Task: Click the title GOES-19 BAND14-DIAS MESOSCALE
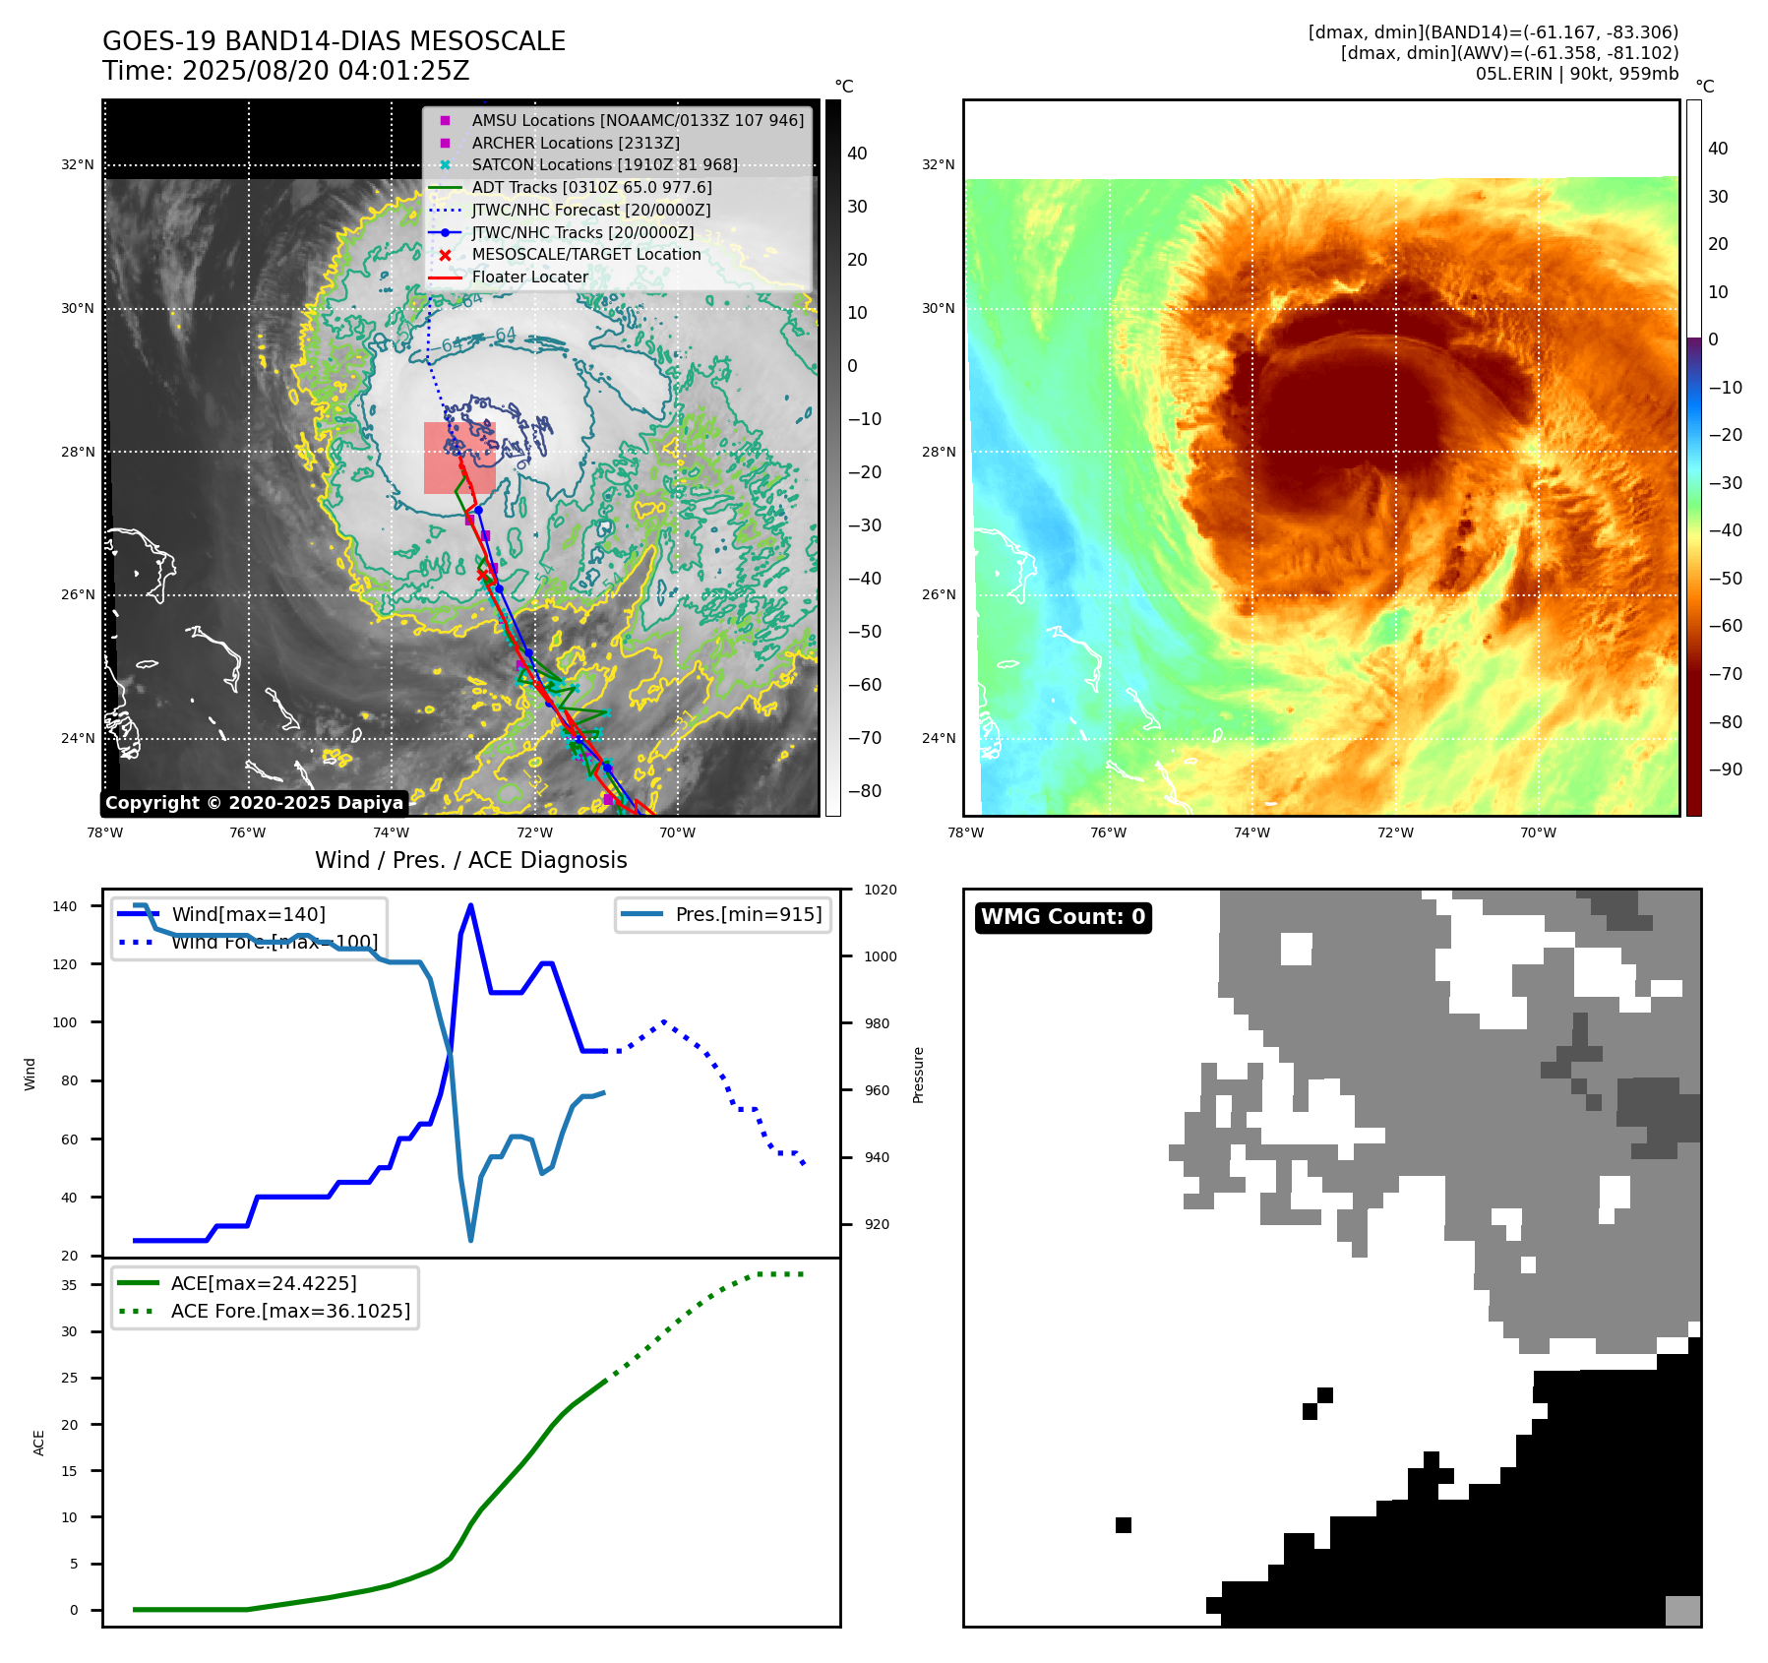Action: (334, 41)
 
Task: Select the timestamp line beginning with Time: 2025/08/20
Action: (285, 71)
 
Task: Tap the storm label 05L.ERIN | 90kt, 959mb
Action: (1576, 74)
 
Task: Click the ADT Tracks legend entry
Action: (590, 187)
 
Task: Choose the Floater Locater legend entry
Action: (529, 277)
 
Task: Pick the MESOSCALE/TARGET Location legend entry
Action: (585, 254)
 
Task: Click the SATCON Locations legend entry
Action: (604, 164)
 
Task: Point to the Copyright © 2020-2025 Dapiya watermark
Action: (254, 803)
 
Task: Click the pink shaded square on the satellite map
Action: (458, 458)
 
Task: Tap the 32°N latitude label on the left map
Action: (78, 164)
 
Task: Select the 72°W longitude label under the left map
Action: (534, 832)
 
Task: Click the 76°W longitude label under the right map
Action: (1108, 832)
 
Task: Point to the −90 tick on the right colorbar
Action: (1725, 770)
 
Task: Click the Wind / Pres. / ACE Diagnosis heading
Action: (470, 860)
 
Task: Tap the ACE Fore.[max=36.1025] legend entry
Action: (289, 1311)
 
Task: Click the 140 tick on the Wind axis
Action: (65, 906)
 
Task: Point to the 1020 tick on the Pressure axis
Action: (880, 890)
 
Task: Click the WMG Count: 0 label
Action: (1063, 917)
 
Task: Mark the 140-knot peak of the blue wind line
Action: (470, 905)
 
